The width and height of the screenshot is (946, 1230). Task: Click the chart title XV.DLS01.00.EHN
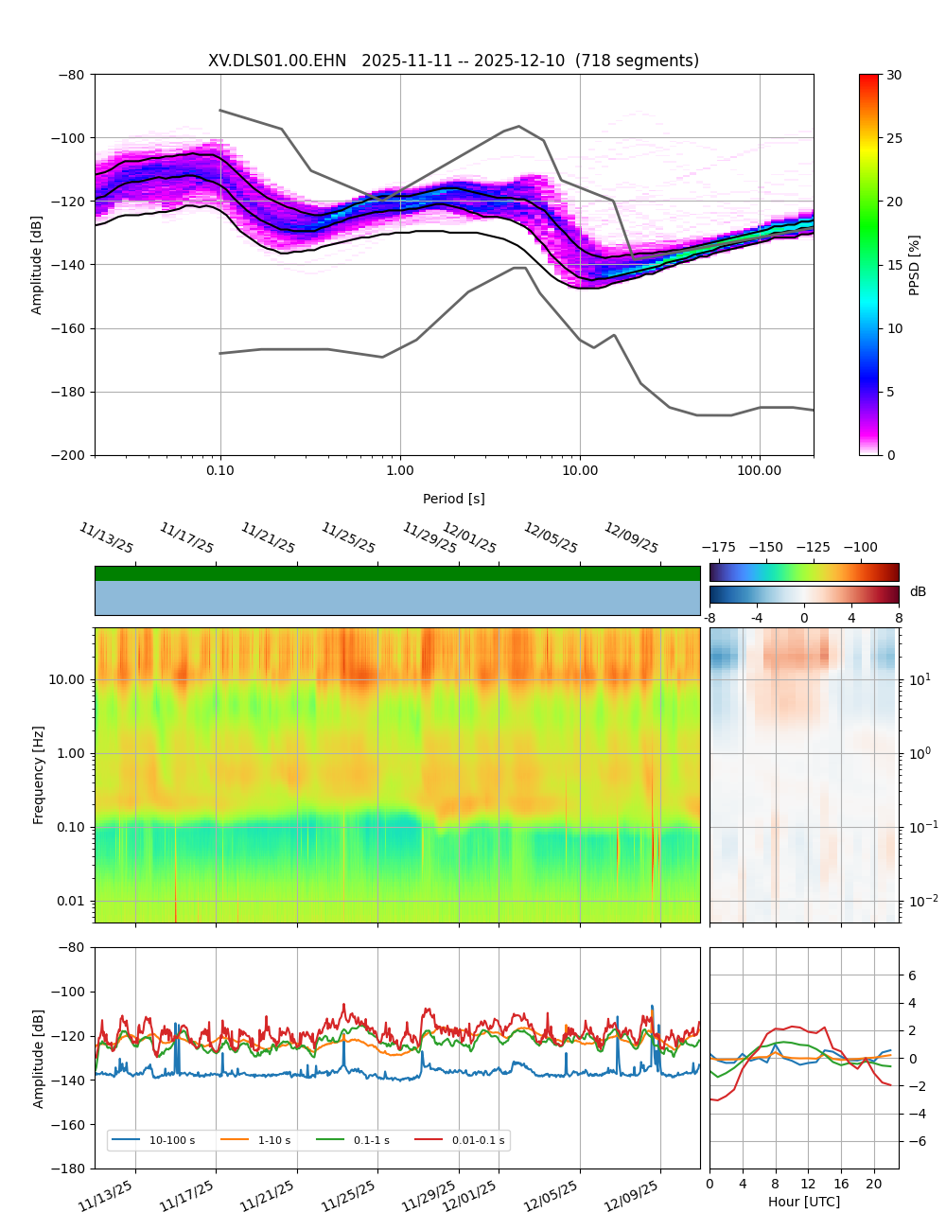coord(277,61)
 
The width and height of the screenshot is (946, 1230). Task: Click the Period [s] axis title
coord(453,499)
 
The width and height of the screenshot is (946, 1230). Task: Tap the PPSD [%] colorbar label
coord(915,265)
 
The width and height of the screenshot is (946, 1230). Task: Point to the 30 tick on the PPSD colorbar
coord(894,75)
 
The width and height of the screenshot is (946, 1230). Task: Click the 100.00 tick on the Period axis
coord(760,470)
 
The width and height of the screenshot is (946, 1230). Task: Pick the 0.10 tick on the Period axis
coord(220,470)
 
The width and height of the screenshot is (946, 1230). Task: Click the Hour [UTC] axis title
coord(803,1202)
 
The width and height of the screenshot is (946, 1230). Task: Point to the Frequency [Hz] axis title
coord(39,775)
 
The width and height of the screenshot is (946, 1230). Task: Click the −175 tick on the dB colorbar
coord(719,547)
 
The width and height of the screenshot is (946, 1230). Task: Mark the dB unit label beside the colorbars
coord(918,592)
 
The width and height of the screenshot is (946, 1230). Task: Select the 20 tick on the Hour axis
coord(874,1184)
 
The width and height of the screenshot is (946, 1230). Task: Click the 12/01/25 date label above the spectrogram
coord(469,538)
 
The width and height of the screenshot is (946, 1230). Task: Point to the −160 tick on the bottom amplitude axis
coord(69,1125)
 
